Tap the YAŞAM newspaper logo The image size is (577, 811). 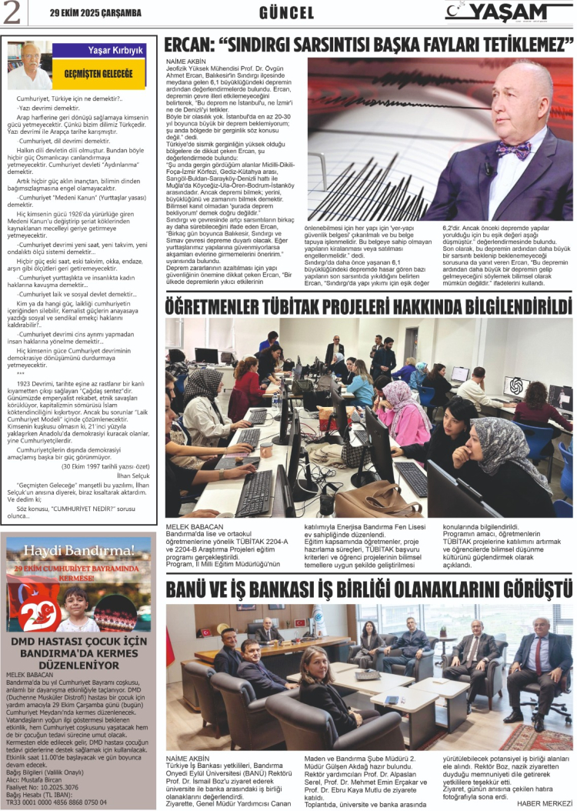click(x=509, y=12)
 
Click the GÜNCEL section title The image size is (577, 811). click(x=287, y=13)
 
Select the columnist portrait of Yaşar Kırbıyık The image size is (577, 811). click(x=31, y=65)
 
